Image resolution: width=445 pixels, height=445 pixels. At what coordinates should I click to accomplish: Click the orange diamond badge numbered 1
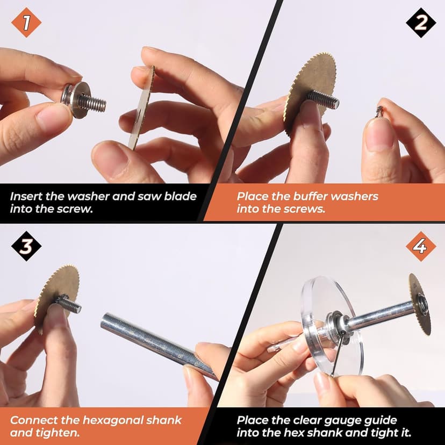(x=26, y=23)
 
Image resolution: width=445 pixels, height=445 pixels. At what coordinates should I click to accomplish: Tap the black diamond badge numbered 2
(x=421, y=23)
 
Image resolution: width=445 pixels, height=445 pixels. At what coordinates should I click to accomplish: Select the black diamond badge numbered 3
(x=26, y=246)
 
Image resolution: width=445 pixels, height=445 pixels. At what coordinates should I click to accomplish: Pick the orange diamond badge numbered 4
(x=421, y=246)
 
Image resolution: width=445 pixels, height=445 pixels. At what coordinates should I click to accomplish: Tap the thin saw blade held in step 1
(x=141, y=108)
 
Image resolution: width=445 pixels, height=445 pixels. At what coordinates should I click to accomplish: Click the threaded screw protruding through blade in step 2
(x=323, y=99)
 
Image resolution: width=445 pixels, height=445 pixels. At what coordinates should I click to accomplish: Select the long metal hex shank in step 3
(x=159, y=346)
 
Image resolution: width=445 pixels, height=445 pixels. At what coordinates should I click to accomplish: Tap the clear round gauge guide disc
(x=332, y=326)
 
